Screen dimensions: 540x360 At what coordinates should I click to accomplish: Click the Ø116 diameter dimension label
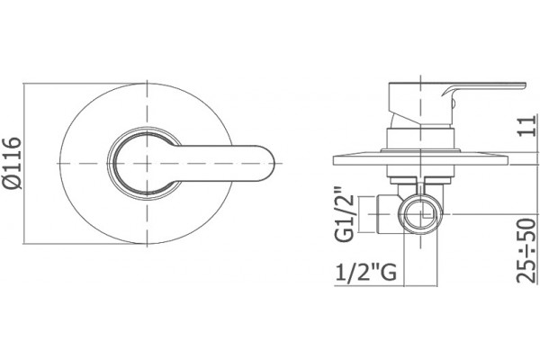point(13,163)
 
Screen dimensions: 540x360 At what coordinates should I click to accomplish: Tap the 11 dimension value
point(527,126)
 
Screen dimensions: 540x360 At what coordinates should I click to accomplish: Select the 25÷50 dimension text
point(526,250)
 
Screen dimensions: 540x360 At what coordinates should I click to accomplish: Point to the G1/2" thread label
point(345,213)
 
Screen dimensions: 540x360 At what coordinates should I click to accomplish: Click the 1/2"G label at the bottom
point(365,273)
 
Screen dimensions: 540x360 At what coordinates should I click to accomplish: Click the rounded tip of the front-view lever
point(272,163)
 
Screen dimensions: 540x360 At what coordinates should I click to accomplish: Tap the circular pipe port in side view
point(420,214)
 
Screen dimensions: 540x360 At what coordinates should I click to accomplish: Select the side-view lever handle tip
point(523,85)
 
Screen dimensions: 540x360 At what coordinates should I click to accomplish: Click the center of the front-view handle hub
point(147,163)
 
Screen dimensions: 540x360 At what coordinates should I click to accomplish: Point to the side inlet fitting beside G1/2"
point(388,214)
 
